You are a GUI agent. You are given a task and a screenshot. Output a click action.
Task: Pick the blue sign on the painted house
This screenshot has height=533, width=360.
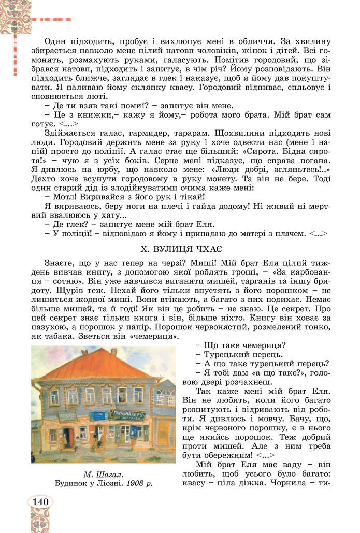(x=98, y=415)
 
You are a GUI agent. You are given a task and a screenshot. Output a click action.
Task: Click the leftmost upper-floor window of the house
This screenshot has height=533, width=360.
(x=54, y=397)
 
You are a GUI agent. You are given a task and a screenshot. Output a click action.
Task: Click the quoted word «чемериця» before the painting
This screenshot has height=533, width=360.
(x=156, y=337)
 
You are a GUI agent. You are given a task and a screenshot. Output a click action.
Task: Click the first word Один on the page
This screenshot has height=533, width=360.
(x=55, y=41)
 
